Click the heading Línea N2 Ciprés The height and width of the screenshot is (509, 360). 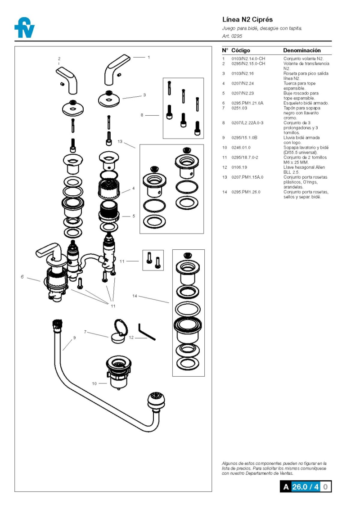pos(247,20)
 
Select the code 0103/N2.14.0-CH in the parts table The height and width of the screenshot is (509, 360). pos(248,59)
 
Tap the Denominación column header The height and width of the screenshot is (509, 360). pos(301,50)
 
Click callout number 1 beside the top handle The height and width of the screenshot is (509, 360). pos(149,57)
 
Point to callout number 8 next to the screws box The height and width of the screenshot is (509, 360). pos(142,115)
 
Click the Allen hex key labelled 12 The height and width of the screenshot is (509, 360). pos(147,332)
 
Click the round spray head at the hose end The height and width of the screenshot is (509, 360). pos(155,399)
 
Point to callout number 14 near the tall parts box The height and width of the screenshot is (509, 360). pos(135,296)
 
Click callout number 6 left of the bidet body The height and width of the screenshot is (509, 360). pos(22,277)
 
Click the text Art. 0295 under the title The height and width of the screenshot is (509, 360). pos(232,36)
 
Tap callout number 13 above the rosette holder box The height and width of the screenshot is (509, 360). pos(120,141)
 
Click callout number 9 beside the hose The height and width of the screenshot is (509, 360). pos(74,338)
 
